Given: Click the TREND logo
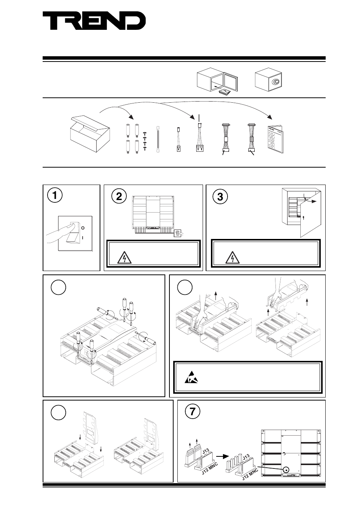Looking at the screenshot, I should tap(94, 21).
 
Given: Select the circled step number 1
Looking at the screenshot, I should tap(55, 196).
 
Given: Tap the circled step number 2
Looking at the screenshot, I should tap(119, 197).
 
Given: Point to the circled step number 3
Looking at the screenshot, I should tap(220, 197).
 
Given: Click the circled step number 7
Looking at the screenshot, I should tap(193, 411).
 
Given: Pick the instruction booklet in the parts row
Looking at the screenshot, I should tap(275, 139).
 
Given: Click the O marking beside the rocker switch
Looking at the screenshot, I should tap(82, 228).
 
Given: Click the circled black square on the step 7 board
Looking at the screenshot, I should tap(286, 470).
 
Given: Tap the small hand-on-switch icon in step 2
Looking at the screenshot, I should tap(177, 234).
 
